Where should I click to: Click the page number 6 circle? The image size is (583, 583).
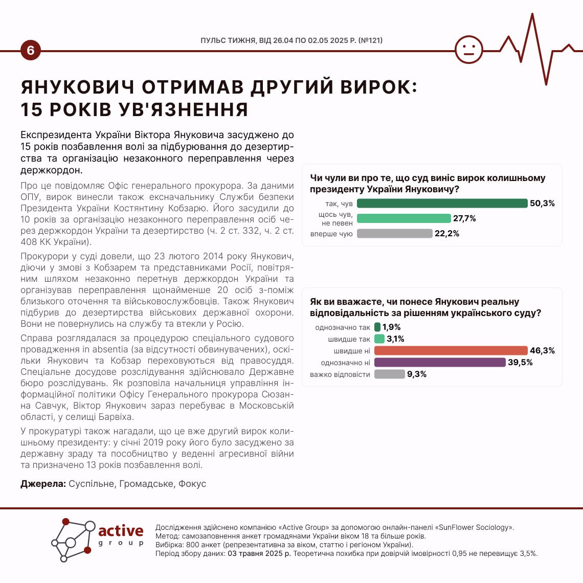click(x=30, y=51)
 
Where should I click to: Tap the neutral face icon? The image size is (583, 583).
click(x=468, y=50)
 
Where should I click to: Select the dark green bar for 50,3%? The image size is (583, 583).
click(x=442, y=204)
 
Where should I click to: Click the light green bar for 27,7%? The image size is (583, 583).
click(x=403, y=218)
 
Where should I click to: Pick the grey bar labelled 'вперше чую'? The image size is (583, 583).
click(x=394, y=234)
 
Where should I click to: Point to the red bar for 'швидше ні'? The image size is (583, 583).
click(x=451, y=350)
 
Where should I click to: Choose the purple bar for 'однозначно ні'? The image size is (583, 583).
click(x=440, y=362)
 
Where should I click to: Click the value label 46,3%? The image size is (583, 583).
click(x=542, y=351)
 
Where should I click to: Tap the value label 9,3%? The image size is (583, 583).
click(x=417, y=374)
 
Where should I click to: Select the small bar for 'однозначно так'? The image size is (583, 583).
click(x=377, y=327)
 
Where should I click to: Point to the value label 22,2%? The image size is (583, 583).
click(x=447, y=234)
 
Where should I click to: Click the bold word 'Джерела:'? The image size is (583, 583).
click(x=43, y=484)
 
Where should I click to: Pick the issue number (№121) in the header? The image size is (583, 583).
click(x=370, y=40)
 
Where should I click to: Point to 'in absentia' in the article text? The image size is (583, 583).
click(x=104, y=349)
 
